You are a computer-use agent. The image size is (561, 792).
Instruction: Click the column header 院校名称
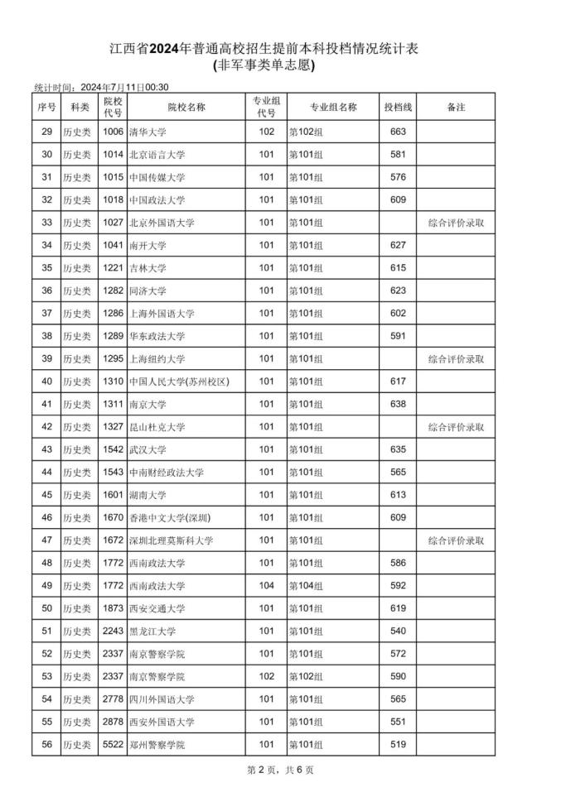tap(186, 108)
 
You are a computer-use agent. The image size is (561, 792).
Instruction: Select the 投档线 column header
tap(398, 108)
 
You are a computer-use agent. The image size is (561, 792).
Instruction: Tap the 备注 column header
tap(456, 108)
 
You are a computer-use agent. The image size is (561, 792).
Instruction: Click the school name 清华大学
tap(148, 132)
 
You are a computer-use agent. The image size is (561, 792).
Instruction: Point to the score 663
tap(398, 132)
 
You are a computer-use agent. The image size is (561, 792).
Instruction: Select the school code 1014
tap(113, 155)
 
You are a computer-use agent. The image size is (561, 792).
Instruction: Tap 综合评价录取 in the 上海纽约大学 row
tap(456, 359)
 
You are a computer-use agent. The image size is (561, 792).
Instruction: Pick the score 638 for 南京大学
tap(398, 405)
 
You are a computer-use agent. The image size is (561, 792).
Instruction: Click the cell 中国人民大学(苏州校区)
tap(178, 382)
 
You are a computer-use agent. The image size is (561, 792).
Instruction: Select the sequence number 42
tap(46, 427)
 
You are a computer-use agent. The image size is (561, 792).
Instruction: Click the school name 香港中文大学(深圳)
tap(170, 518)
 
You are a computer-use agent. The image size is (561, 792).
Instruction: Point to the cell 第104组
tap(306, 586)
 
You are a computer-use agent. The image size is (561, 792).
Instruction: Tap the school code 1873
tap(113, 609)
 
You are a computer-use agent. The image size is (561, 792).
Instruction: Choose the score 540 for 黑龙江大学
tap(398, 631)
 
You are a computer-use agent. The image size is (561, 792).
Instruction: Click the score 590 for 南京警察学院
tap(398, 677)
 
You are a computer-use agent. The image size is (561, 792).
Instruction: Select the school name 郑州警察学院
tap(157, 745)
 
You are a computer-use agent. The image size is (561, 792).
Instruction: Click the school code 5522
tap(113, 745)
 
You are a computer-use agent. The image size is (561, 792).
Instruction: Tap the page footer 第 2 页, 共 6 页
tap(280, 770)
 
